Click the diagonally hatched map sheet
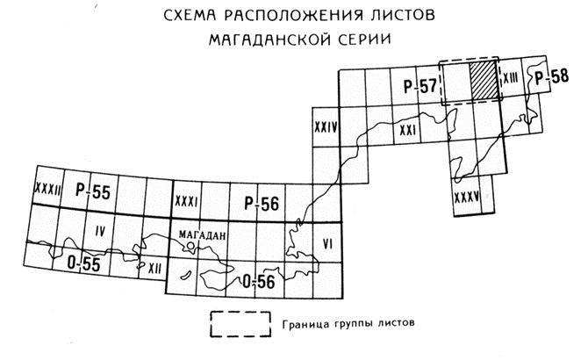(484, 81)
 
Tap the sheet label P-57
(420, 86)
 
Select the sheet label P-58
(551, 77)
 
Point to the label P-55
(93, 191)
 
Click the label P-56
(262, 204)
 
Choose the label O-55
(83, 263)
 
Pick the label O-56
(259, 281)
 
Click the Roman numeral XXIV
(326, 127)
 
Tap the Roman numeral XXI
(407, 131)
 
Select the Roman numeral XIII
(511, 78)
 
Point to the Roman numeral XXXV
(467, 197)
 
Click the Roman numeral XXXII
(47, 188)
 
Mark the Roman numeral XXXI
(186, 202)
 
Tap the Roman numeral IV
(100, 232)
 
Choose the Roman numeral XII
(154, 268)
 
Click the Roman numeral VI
(327, 245)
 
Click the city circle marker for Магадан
(190, 246)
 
